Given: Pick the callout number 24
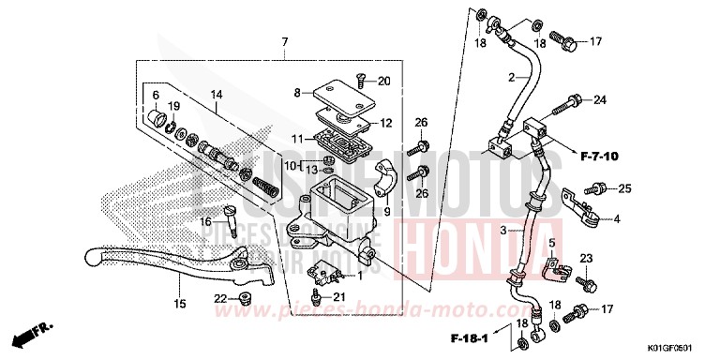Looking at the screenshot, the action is pyautogui.click(x=600, y=99).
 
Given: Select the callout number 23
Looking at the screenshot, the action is pyautogui.click(x=587, y=258).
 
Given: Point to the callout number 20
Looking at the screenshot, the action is pyautogui.click(x=384, y=82).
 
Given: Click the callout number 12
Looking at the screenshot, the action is pyautogui.click(x=385, y=124).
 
